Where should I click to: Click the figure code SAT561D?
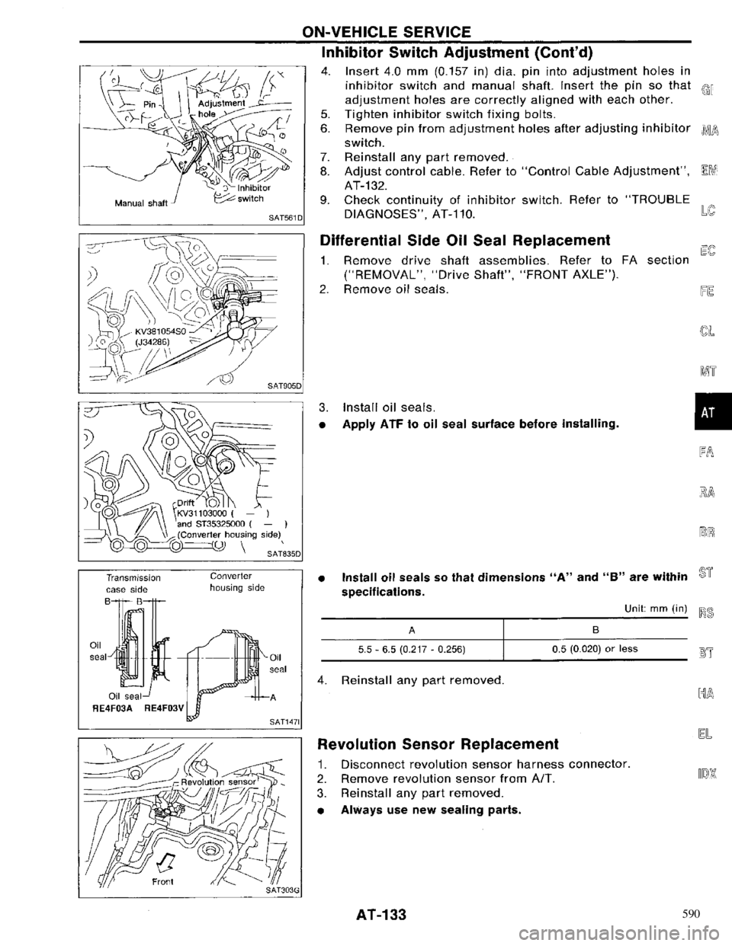283,218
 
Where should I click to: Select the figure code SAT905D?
283,387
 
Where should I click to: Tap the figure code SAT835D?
283,554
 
